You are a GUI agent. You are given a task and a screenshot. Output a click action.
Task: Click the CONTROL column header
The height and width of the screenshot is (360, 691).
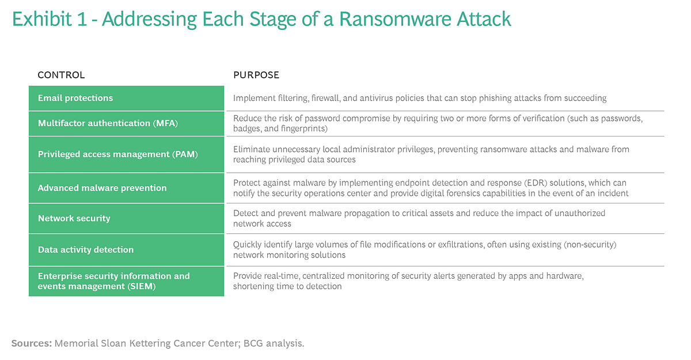click(x=61, y=75)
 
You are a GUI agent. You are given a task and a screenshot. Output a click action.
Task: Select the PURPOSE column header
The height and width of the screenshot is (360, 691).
click(x=256, y=75)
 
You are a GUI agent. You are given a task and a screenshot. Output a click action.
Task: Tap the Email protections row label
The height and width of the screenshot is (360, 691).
click(x=75, y=98)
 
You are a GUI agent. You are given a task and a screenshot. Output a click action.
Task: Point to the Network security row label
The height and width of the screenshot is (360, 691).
click(x=74, y=218)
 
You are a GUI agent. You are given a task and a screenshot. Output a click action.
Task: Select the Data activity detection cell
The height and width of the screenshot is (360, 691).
click(x=85, y=249)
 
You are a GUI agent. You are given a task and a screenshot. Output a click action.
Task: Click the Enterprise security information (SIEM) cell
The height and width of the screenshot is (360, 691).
click(x=113, y=281)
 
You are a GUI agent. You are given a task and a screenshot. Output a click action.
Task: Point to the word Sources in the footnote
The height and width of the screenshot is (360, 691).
click(x=31, y=343)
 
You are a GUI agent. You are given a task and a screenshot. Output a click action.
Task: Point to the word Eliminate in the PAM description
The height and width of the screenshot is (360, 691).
click(x=251, y=149)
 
